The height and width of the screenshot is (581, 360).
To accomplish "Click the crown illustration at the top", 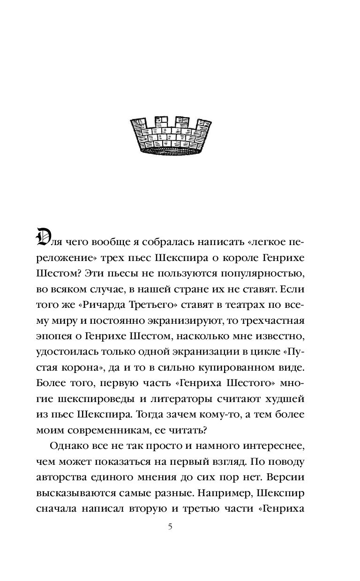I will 180,136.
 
